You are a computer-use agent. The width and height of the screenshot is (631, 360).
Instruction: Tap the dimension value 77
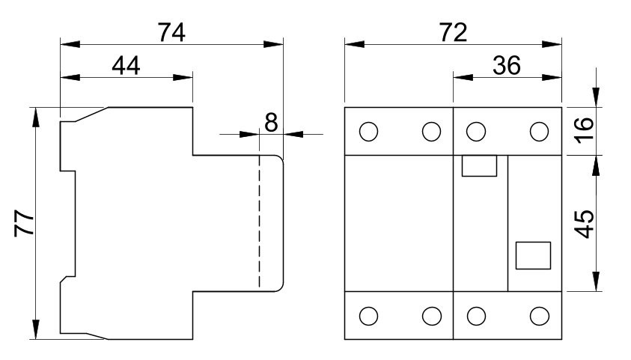25,222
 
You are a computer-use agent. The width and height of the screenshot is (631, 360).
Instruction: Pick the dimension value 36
507,66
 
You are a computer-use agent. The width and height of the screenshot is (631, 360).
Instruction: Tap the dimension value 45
586,223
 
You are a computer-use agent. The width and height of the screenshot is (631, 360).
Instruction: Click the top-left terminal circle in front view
368,132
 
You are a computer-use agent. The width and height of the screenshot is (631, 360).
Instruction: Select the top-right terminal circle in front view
539,132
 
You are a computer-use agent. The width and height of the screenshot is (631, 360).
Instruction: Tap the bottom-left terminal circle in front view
368,316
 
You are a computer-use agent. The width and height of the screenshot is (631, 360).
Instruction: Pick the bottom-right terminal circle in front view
539,316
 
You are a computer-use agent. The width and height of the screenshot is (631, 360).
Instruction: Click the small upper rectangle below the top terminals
480,165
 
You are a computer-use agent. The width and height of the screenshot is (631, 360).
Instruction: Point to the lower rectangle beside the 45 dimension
534,255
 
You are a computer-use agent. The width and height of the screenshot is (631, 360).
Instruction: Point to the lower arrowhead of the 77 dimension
35,329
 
